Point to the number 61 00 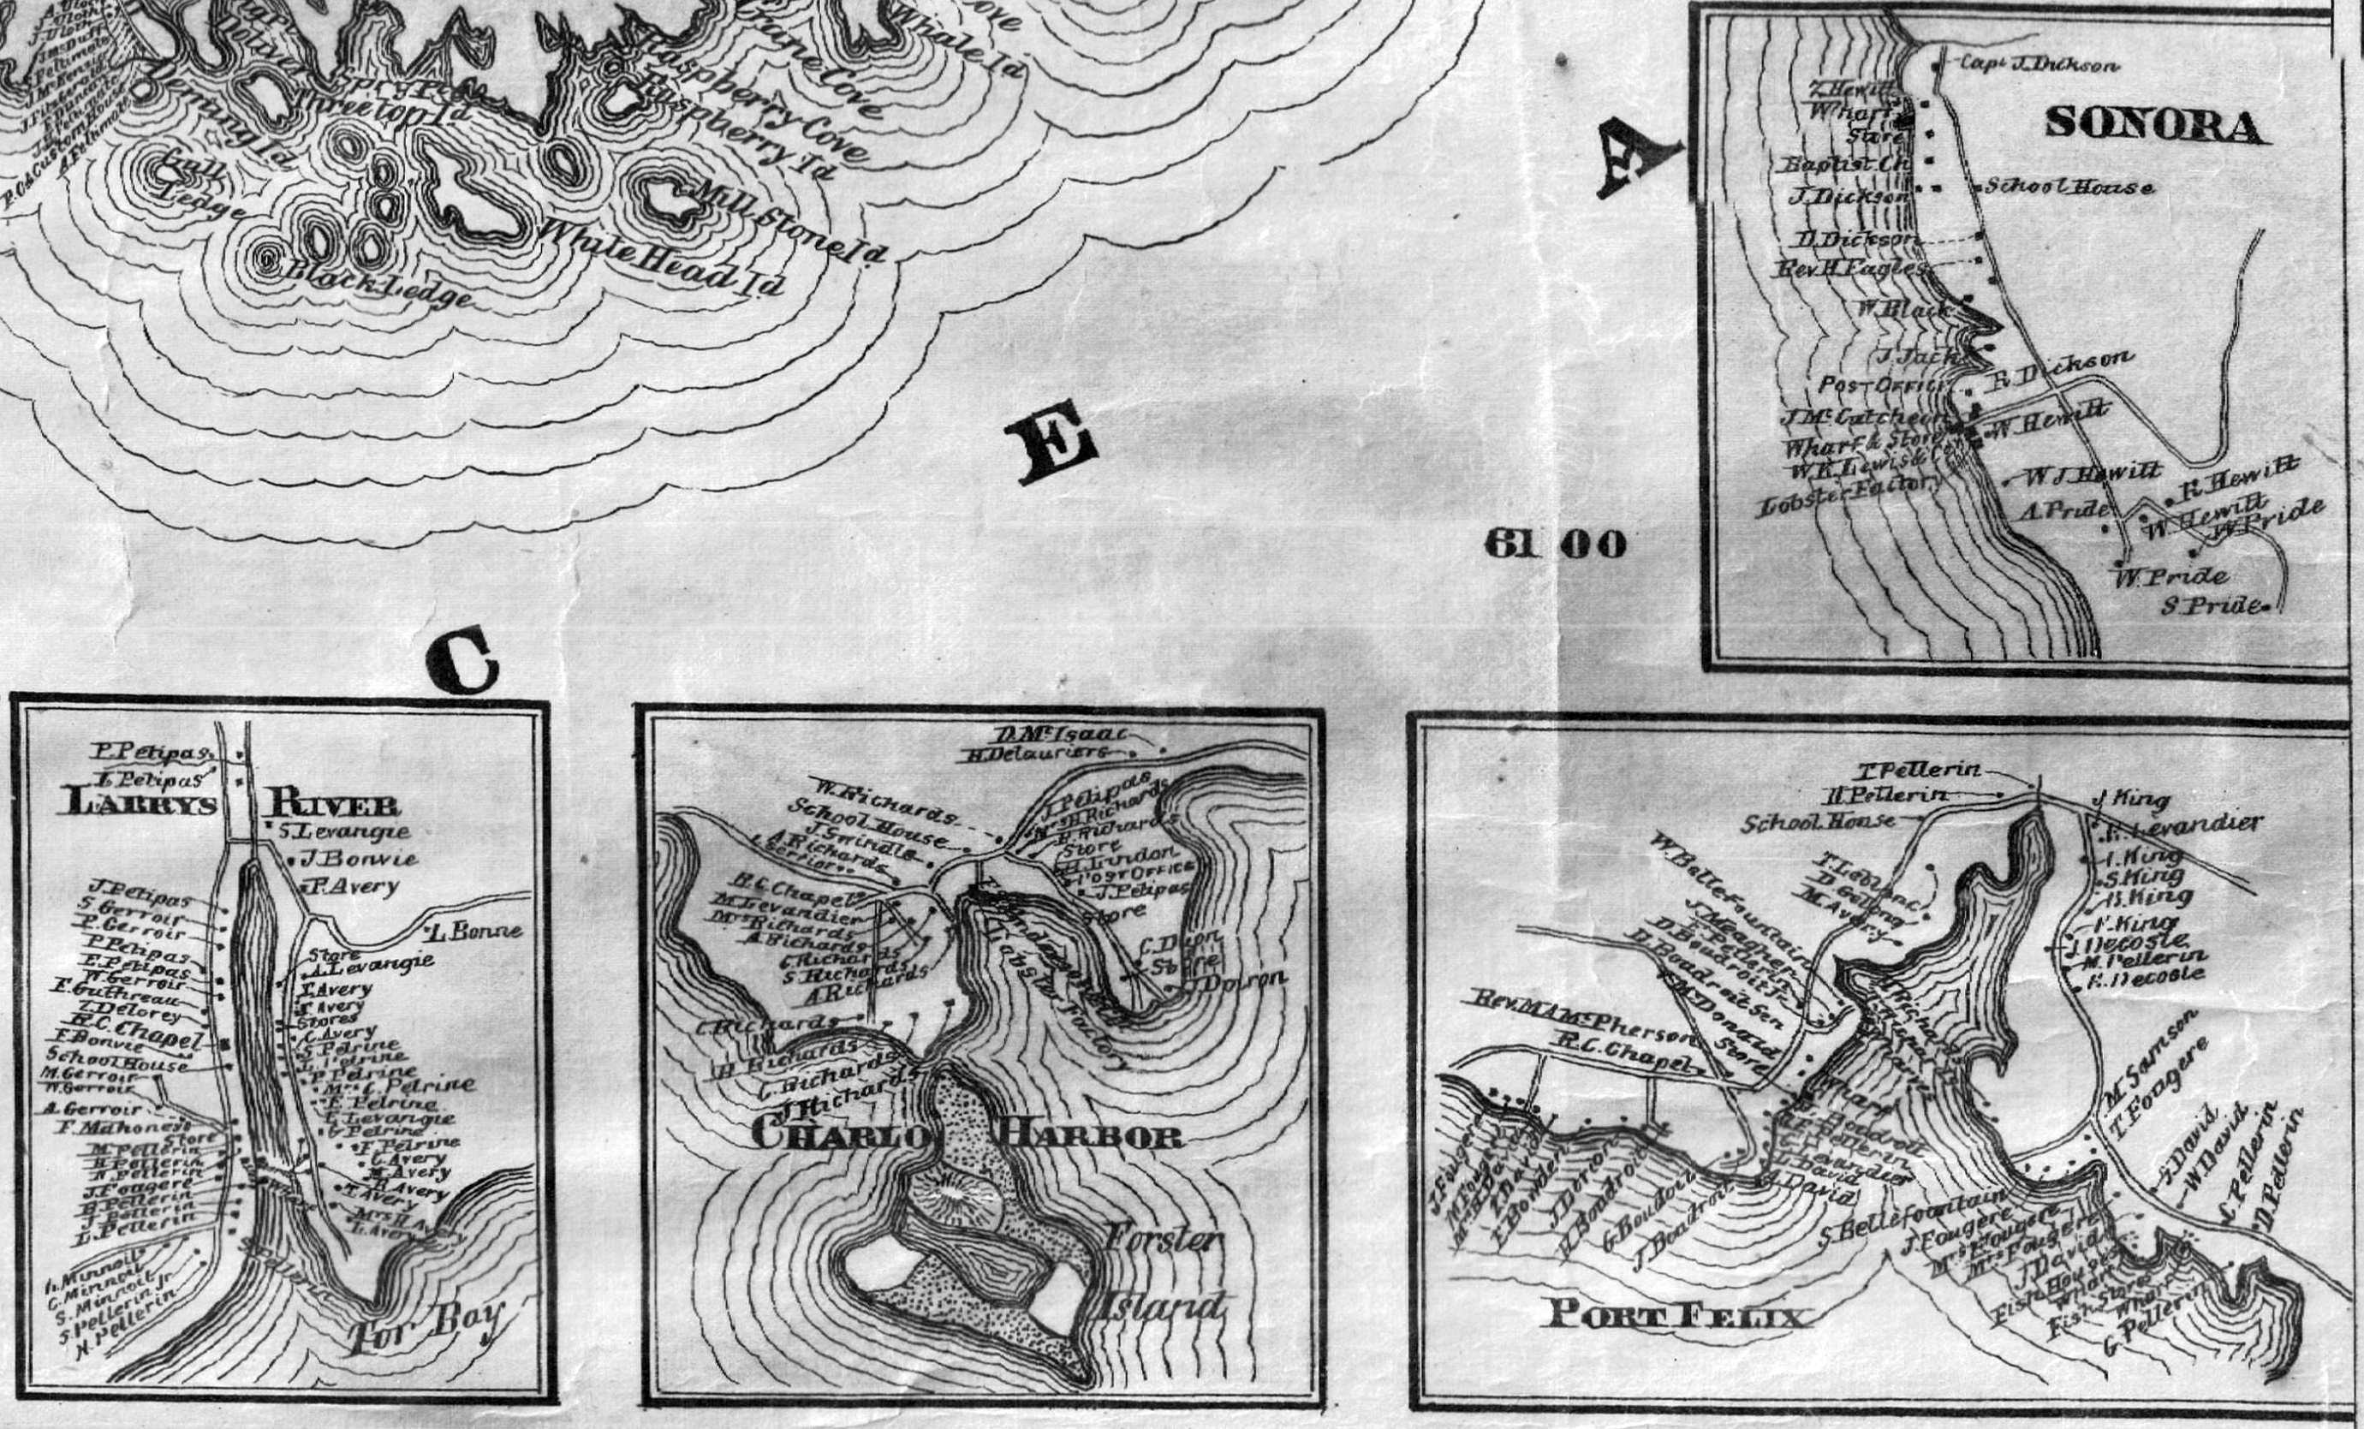tap(1554, 545)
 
